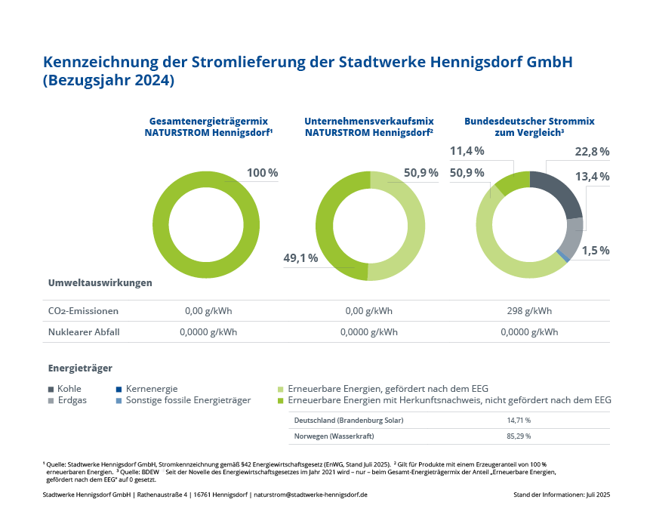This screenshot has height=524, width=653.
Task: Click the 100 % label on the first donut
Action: coord(263,173)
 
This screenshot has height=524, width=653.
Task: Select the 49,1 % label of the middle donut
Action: coord(300,258)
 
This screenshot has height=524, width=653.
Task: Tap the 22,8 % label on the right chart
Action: coord(592,152)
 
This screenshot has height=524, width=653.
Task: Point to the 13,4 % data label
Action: coord(592,177)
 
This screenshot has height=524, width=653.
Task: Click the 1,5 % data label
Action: coord(596,251)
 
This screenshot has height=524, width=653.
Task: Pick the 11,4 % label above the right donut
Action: coord(467,151)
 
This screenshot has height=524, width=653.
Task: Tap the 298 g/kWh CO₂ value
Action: coord(529,311)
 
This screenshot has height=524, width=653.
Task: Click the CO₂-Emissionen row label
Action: coord(83,311)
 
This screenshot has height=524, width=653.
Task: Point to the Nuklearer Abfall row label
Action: coord(84,332)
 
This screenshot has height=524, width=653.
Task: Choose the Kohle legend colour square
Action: coord(51,390)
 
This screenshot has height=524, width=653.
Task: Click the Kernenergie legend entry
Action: coord(147,389)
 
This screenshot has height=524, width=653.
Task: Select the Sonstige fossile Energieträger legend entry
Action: coord(183,401)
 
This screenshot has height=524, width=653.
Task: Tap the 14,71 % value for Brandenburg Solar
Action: coord(519,421)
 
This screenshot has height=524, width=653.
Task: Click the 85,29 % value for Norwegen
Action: coord(519,436)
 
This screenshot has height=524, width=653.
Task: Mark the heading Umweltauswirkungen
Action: coord(100,283)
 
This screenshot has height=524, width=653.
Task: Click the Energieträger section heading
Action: coord(80,368)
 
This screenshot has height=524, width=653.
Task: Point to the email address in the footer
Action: coord(311,495)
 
